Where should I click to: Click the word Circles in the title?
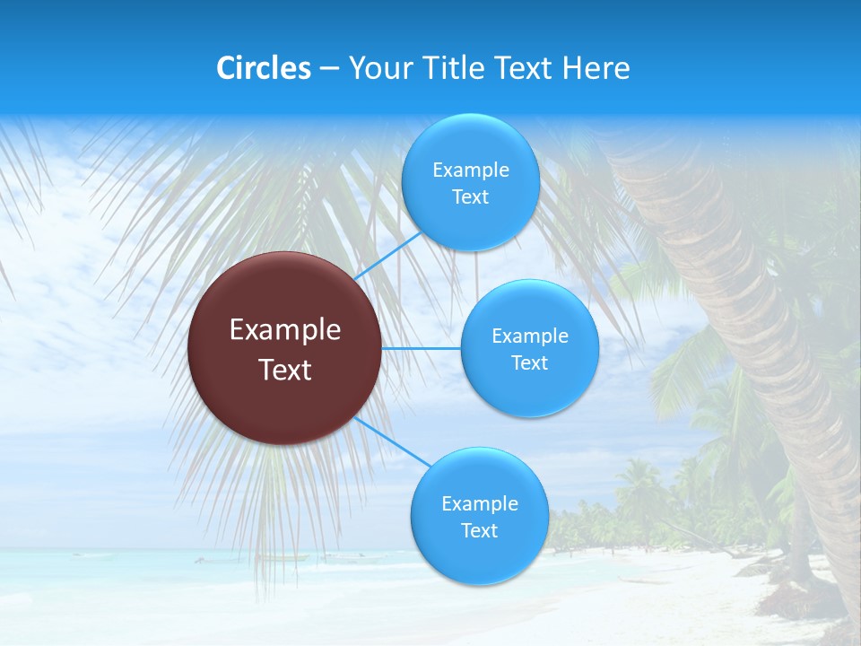264,68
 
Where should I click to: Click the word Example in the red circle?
285,329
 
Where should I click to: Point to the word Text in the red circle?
285,370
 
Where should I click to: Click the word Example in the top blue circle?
470,170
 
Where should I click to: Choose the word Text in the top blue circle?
470,197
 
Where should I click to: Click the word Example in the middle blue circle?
530,336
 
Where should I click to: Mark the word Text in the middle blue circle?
530,363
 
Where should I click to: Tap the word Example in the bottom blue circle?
479,504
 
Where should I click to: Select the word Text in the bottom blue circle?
479,531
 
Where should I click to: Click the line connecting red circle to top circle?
387,256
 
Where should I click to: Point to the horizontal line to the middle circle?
422,348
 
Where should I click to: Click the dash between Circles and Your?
328,68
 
